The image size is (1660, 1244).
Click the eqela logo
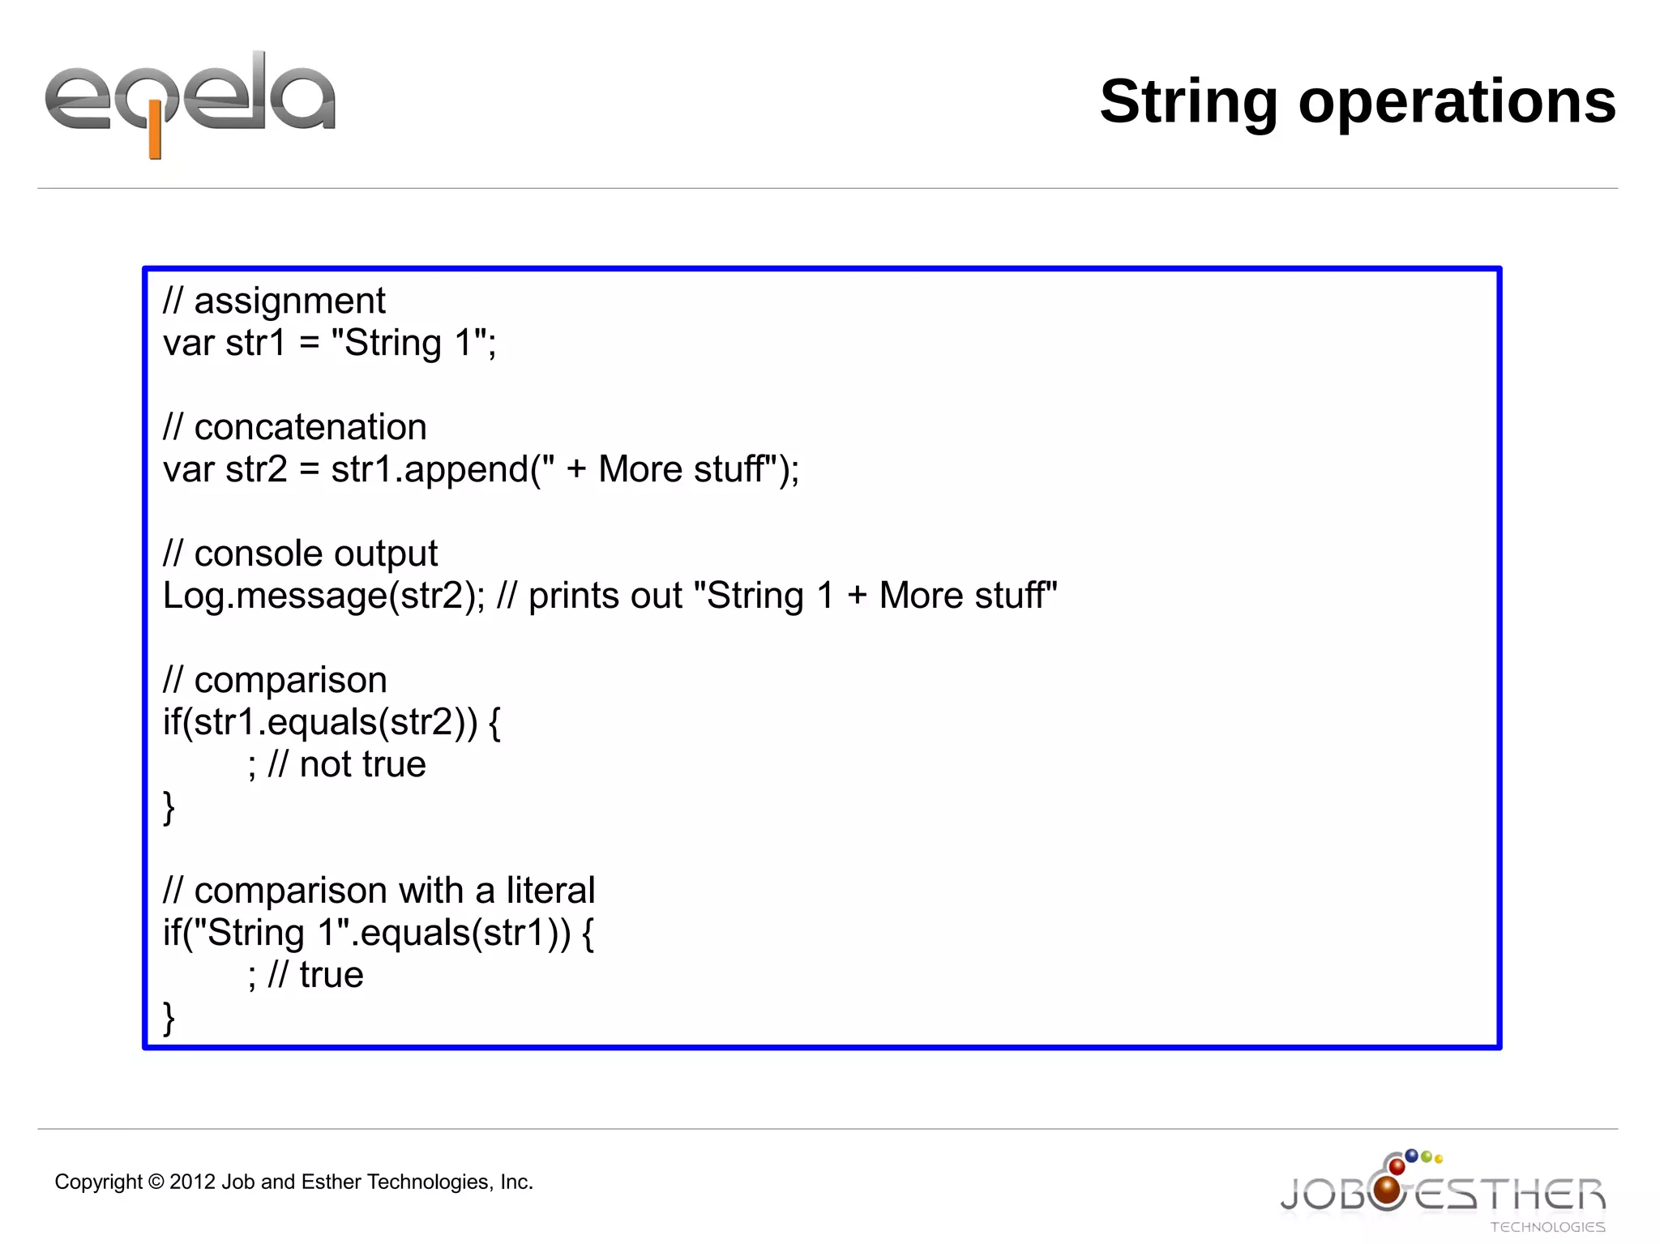(x=190, y=101)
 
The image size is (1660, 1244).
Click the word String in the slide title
(x=1187, y=102)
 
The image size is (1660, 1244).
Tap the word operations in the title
(x=1457, y=102)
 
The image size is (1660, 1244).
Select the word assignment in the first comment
(x=289, y=301)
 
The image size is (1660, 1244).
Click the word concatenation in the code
(x=310, y=427)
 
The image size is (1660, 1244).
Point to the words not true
(x=362, y=765)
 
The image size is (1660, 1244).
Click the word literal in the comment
(x=550, y=891)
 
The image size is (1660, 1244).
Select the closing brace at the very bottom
(x=169, y=1018)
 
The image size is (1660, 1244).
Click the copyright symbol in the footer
(x=156, y=1182)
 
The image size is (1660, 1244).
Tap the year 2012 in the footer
(x=192, y=1182)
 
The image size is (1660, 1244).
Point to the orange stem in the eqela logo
(x=155, y=139)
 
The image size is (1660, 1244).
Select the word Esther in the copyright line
(x=331, y=1182)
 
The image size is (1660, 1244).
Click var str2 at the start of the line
(x=225, y=470)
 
